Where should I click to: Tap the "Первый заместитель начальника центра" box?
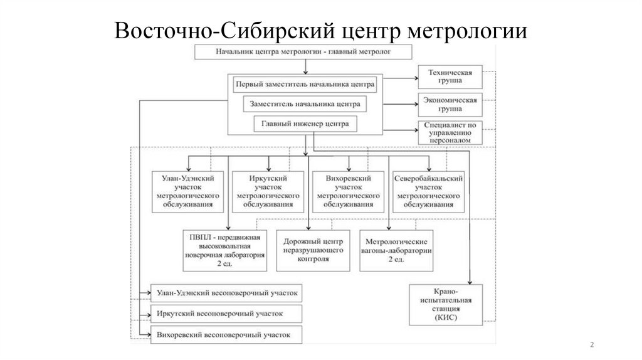pos(305,84)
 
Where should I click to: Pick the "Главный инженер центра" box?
pos(305,123)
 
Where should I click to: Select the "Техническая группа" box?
pos(450,77)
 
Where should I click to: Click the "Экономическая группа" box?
pos(450,103)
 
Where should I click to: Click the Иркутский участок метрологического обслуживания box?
pos(269,191)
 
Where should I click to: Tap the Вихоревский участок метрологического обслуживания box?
pos(349,191)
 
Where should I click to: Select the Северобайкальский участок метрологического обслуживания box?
pos(429,191)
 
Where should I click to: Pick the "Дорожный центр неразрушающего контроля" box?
pos(312,250)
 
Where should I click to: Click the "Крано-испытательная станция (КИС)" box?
pos(446,305)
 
